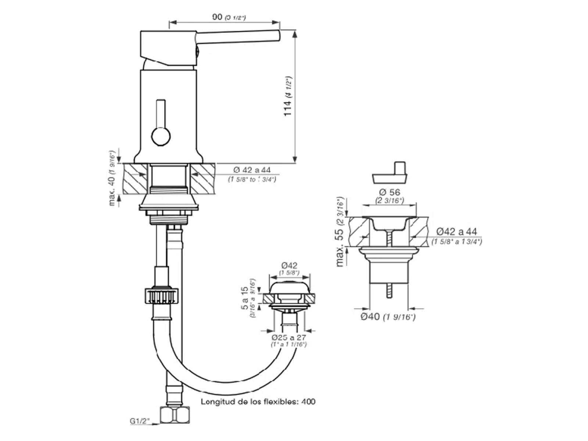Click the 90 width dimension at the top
[218, 17]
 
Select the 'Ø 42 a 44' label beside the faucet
[252, 170]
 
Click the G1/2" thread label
[140, 421]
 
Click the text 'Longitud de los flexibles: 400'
[258, 401]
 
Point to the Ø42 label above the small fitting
[289, 265]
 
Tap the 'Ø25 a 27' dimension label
[288, 337]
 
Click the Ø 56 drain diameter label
[390, 192]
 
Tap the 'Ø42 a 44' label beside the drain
[457, 232]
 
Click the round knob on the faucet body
[161, 137]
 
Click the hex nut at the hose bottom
[175, 415]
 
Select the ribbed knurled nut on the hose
[162, 296]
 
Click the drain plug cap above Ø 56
[390, 176]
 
